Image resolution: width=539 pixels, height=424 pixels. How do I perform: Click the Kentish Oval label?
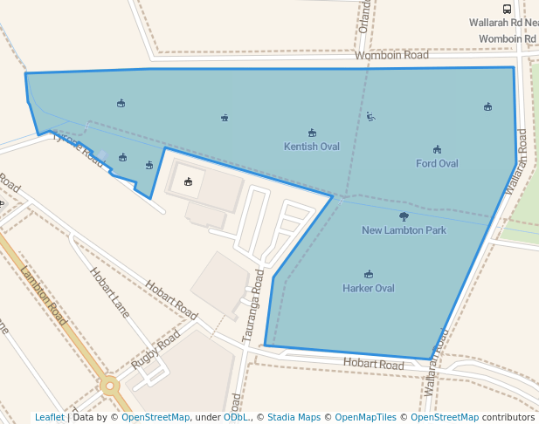[x=312, y=147]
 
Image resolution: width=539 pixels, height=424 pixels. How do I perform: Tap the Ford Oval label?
[x=437, y=163]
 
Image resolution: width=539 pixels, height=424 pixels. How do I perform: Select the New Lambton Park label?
[x=404, y=230]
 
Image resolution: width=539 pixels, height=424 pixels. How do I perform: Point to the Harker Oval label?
[x=368, y=288]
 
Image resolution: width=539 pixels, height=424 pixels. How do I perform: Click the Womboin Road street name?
[x=391, y=55]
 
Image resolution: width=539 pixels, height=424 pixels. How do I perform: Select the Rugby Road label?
[x=155, y=349]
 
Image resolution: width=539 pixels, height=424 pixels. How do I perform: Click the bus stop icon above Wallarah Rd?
[x=507, y=8]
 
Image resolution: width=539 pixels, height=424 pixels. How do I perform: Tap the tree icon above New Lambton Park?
[x=404, y=216]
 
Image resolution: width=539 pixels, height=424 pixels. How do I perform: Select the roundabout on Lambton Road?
[x=110, y=384]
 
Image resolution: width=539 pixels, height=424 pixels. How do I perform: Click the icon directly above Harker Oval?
[x=368, y=274]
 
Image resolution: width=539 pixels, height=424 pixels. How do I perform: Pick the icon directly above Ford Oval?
[x=437, y=149]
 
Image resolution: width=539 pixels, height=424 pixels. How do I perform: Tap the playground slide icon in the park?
[x=370, y=116]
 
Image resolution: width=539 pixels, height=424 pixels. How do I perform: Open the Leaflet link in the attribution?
[x=49, y=417]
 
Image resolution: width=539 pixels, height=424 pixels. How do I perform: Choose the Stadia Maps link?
[x=294, y=417]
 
